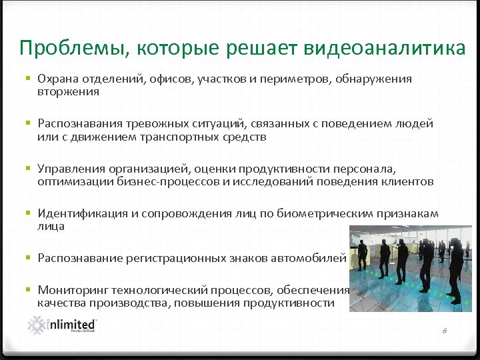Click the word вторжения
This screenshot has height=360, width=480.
coord(68,92)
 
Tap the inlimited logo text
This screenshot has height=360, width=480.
coord(72,324)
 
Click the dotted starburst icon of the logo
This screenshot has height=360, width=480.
coord(37,325)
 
